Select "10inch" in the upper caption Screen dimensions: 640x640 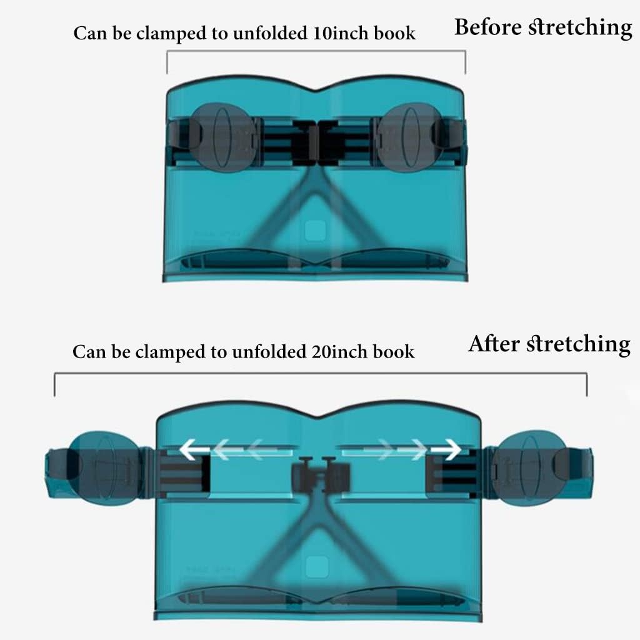click(341, 33)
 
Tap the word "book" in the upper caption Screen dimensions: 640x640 click(395, 33)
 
